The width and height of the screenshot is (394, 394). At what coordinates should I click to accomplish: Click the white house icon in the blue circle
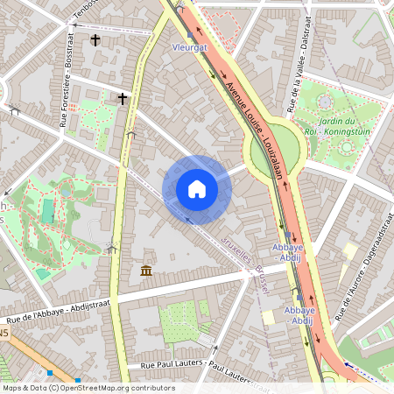point(197,189)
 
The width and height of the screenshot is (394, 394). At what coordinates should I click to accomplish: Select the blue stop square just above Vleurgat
point(189,35)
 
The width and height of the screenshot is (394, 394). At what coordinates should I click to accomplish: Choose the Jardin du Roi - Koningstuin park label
point(325,126)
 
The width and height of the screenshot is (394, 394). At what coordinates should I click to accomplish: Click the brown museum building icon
point(146,270)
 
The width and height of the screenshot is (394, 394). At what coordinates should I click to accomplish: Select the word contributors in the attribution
point(151,388)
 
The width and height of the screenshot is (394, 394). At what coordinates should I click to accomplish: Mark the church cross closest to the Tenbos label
point(95,39)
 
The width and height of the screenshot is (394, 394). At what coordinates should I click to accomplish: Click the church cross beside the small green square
point(123,98)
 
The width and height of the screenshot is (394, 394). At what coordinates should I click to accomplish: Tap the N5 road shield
point(4,334)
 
